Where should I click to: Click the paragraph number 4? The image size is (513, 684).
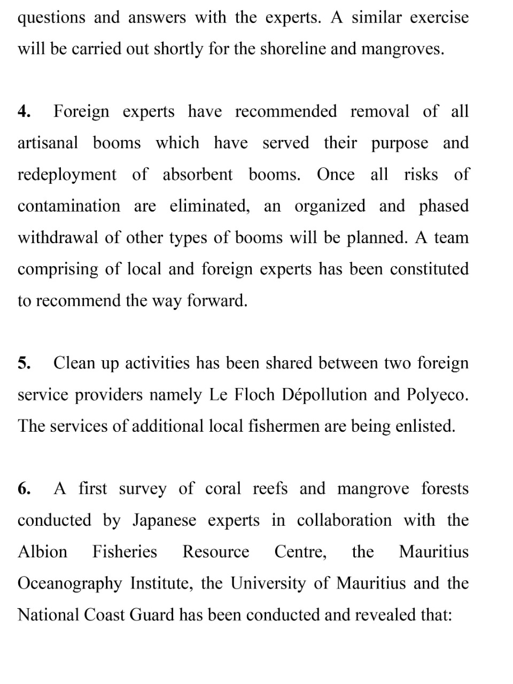24,112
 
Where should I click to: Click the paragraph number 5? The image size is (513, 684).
24,363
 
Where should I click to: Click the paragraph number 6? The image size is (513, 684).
24,489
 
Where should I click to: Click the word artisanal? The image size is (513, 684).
48,143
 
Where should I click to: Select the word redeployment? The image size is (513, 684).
67,175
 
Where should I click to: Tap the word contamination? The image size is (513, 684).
69,206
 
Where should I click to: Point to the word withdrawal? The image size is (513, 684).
58,238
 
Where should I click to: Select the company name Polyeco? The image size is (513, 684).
437,395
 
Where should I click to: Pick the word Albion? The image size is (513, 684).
43,552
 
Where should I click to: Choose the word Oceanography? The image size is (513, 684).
70,584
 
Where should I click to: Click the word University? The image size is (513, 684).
269,584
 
